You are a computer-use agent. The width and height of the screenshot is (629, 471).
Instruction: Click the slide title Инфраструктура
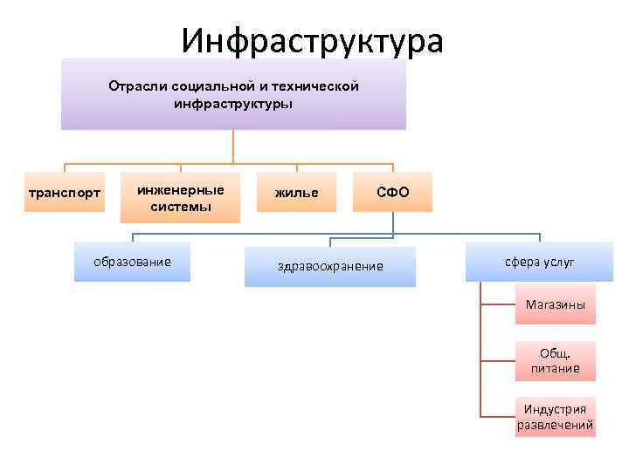coord(313,40)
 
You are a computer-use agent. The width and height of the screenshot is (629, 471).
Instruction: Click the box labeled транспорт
coord(64,192)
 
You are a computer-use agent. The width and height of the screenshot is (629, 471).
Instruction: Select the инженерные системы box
coord(181,199)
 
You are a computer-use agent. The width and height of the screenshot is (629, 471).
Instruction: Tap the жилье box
coord(297,192)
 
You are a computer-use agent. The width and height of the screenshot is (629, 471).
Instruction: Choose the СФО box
coord(392,192)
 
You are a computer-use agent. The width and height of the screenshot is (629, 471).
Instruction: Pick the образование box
coord(132,262)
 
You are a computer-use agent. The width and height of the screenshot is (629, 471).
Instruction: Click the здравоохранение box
coord(329,266)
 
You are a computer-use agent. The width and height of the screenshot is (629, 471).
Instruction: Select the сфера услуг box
coord(539,262)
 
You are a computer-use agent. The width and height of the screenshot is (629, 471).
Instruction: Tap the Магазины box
coord(555,304)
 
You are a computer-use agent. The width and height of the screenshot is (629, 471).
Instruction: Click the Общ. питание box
coord(555,360)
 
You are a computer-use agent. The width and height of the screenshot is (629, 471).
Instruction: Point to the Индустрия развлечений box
coord(555,417)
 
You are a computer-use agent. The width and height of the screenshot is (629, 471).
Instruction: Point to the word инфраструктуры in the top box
coord(233,103)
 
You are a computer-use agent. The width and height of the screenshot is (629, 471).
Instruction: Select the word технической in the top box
coord(315,86)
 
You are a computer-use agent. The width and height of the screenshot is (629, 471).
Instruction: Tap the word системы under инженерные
coord(181,207)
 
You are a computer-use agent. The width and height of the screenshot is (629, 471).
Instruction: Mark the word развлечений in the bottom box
coord(555,426)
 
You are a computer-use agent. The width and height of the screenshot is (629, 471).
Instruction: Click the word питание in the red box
coord(555,368)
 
